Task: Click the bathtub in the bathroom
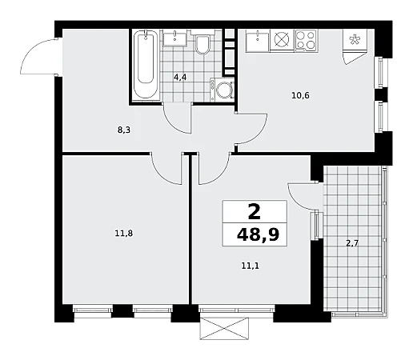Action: (x=146, y=65)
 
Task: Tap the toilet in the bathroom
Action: (x=202, y=42)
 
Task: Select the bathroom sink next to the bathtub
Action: (x=175, y=38)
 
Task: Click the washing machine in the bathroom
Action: (x=222, y=90)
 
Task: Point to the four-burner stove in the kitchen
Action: (x=306, y=40)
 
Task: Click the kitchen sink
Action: (x=258, y=40)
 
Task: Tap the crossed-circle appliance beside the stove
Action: (x=282, y=40)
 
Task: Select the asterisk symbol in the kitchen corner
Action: (x=355, y=39)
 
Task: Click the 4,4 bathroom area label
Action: (x=180, y=78)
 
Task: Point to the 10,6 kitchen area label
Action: (x=300, y=95)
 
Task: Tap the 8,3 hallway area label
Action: (x=124, y=130)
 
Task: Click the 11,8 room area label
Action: (x=124, y=234)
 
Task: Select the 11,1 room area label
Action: (x=251, y=266)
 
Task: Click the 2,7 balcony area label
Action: (x=352, y=243)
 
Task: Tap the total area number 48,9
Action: (x=258, y=235)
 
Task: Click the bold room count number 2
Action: (x=254, y=212)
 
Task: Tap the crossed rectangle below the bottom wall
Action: (x=224, y=328)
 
